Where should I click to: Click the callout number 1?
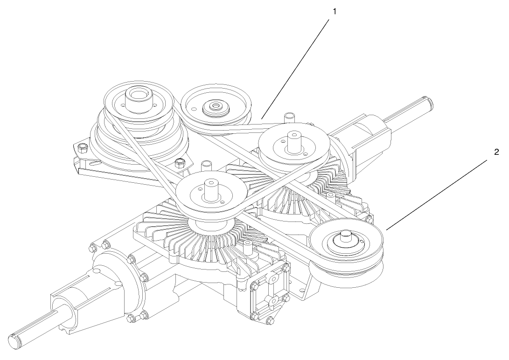(334, 11)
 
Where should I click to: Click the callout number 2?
(496, 152)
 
